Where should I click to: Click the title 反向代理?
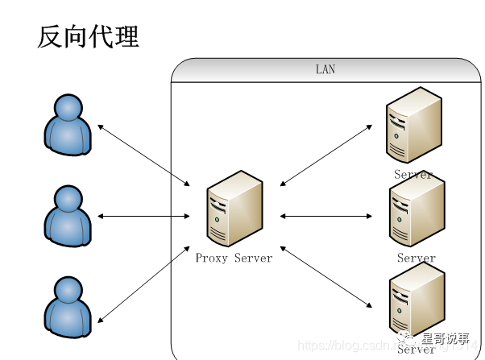pos(88,36)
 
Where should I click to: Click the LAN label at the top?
pos(325,70)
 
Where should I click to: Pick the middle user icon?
pos(68,215)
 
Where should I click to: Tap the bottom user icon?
pos(68,306)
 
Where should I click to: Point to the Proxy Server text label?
pos(234,258)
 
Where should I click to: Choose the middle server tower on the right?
pos(416,212)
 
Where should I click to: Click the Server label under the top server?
pos(413,174)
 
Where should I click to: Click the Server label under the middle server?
pos(416,258)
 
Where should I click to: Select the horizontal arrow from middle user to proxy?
pos(143,216)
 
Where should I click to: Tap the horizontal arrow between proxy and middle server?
pos(326,216)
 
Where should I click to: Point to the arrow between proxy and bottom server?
pos(326,277)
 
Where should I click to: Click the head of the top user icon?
pos(68,106)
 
